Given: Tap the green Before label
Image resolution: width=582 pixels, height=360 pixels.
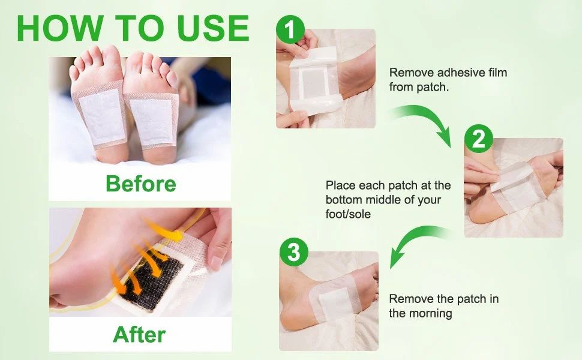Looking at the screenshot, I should point(140,184).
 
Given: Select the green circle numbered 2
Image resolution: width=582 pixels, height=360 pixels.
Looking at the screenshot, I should point(478,140).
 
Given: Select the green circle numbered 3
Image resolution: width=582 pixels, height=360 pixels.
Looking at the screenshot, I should point(293,253).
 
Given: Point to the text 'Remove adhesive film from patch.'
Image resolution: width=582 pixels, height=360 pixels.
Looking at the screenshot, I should point(448,79).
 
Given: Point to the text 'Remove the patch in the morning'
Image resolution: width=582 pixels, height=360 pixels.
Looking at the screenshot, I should point(443,306).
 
